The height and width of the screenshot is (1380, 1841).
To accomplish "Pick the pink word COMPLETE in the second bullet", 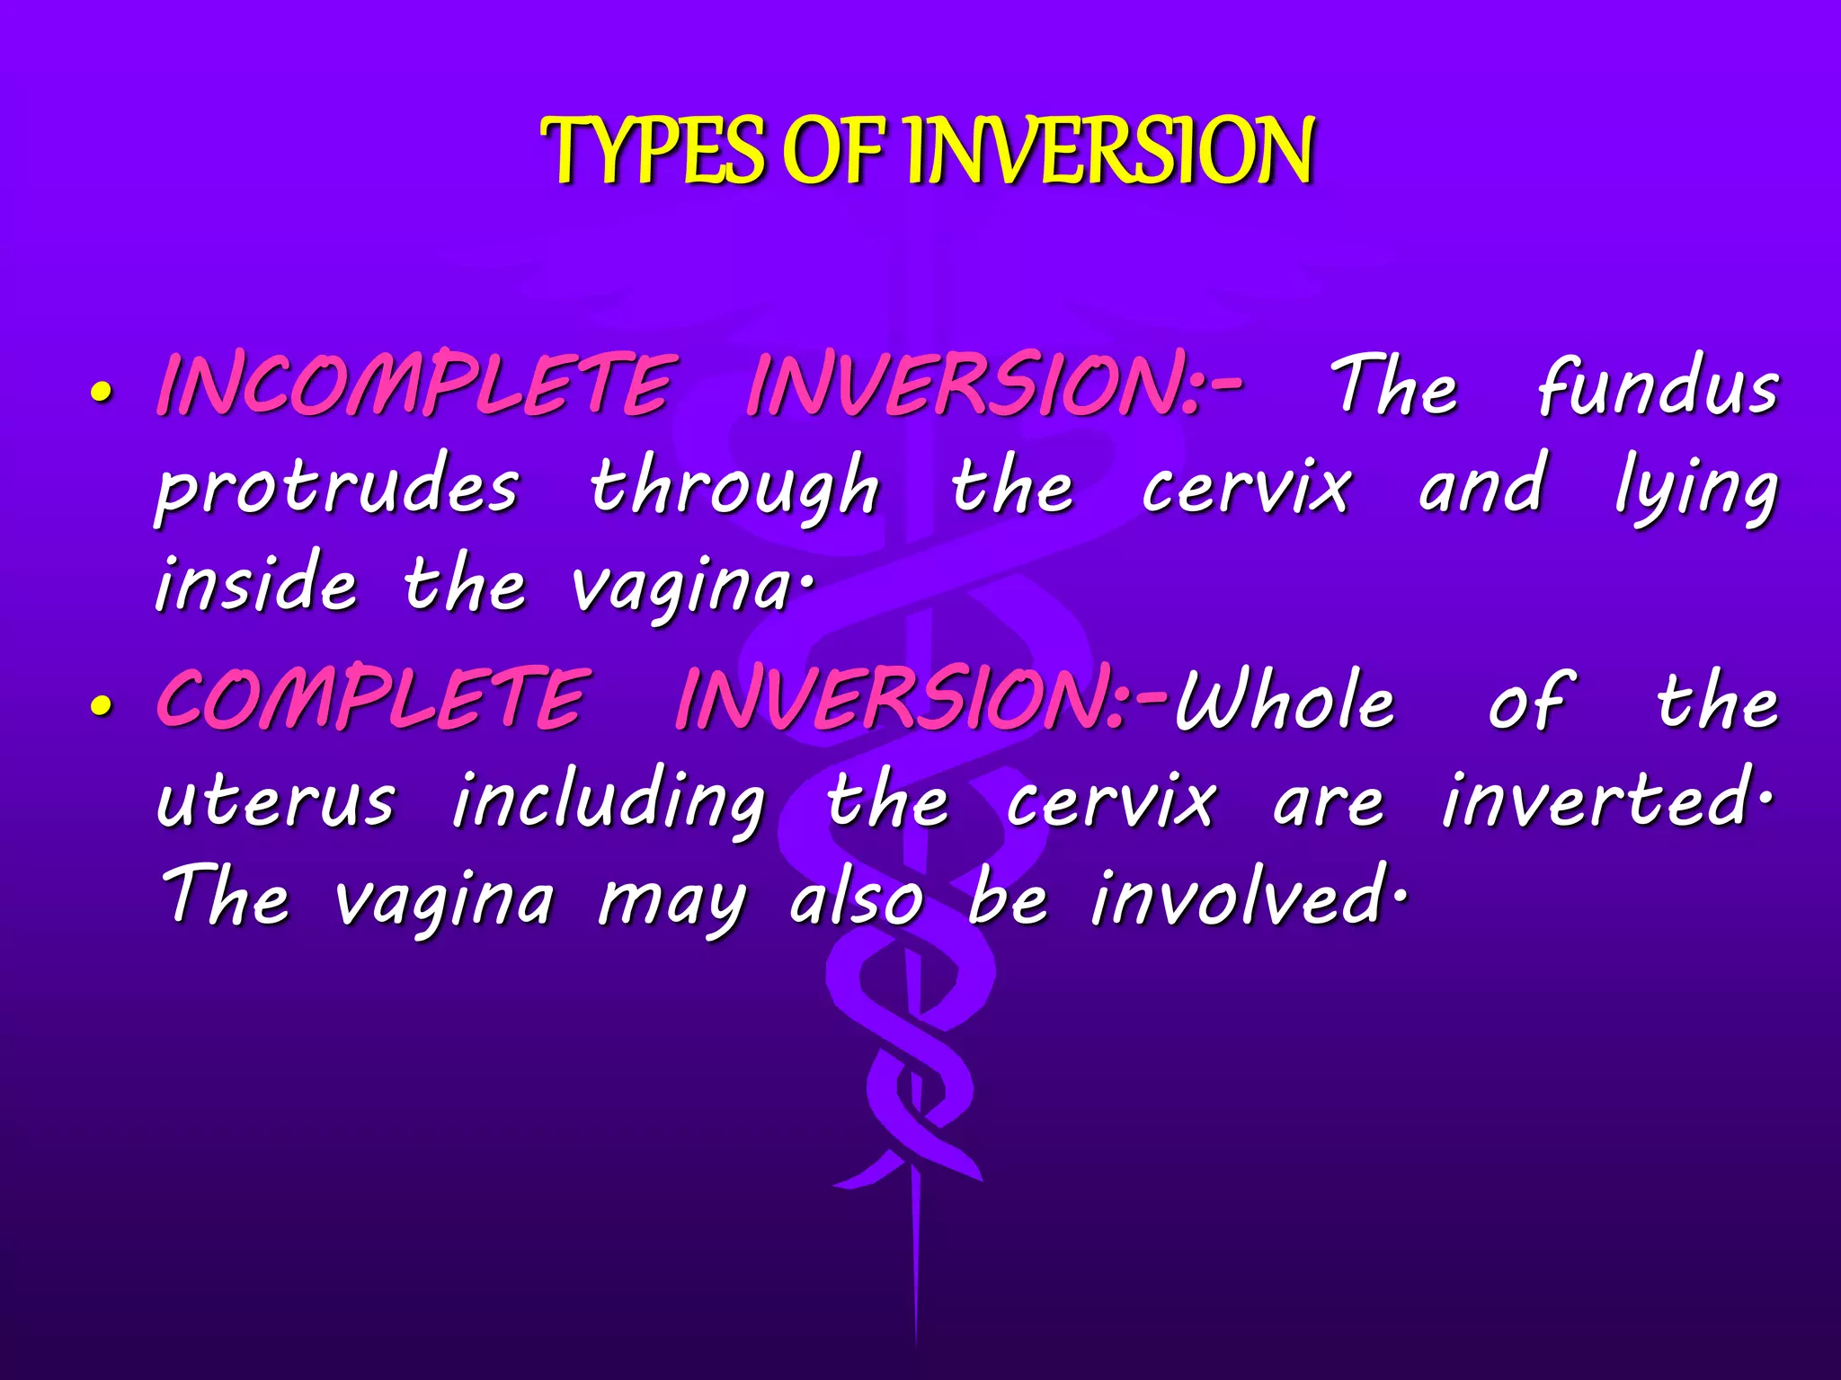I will (373, 699).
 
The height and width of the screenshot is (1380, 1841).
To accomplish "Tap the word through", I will (734, 487).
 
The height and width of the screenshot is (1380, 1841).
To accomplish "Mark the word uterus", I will (275, 802).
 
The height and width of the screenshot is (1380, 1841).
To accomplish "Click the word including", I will (608, 802).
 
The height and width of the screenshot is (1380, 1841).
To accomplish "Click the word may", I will (672, 903).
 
